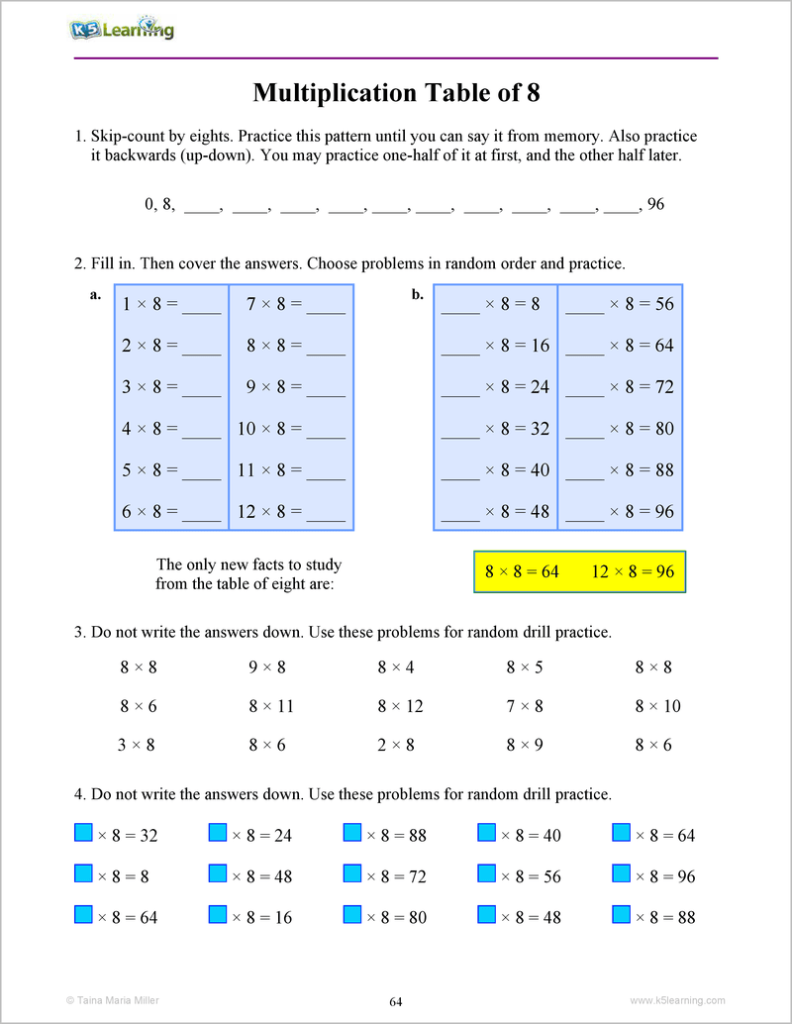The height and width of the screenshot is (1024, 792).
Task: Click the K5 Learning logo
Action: point(122,29)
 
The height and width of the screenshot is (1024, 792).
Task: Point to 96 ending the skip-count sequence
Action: point(654,205)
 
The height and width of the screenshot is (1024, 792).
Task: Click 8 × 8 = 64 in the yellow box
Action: point(522,572)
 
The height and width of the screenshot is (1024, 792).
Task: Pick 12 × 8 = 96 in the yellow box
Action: point(633,572)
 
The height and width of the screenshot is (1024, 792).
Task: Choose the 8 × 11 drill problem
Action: point(271,706)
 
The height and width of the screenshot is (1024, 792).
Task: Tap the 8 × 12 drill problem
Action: point(400,706)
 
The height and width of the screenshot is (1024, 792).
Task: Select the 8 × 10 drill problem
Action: point(657,706)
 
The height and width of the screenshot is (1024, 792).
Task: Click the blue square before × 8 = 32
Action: point(84,833)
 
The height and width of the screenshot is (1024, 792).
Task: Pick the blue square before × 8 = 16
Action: point(218,915)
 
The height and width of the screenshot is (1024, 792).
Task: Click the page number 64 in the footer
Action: point(396,1001)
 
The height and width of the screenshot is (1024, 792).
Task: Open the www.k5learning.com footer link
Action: point(677,1000)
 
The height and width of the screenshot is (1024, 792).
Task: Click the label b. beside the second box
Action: point(418,294)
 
